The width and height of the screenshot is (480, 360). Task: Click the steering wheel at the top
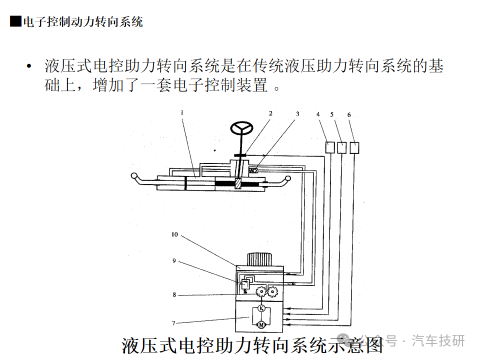point(241,128)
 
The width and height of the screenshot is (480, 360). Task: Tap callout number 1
point(182,113)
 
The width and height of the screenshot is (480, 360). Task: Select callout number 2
point(270,113)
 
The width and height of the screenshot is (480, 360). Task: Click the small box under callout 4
point(330,147)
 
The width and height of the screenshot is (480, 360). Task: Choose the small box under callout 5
point(342,147)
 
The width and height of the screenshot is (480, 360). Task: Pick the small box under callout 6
point(354,147)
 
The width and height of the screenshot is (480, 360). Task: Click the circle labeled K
point(260,308)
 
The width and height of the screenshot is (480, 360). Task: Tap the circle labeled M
point(260,325)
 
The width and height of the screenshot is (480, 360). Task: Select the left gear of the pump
point(260,292)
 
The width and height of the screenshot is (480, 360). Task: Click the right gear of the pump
point(272,291)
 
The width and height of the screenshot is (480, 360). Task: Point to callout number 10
point(174,234)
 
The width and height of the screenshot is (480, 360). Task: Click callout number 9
point(174,260)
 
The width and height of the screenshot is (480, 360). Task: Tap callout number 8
point(174,295)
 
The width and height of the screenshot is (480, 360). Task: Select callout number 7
point(174,322)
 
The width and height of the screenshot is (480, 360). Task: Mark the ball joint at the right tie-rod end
point(287,178)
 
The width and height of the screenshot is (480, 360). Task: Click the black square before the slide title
point(16,21)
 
